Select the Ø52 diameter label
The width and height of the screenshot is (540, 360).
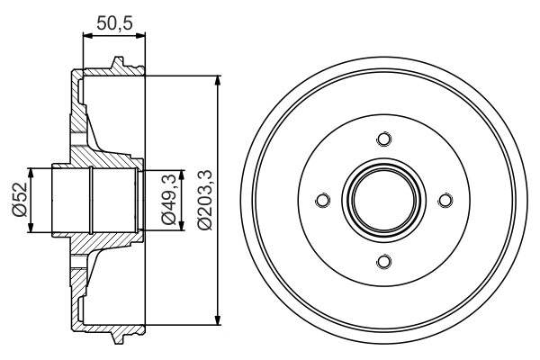point(17,201)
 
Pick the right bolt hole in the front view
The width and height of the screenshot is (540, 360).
point(445,201)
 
